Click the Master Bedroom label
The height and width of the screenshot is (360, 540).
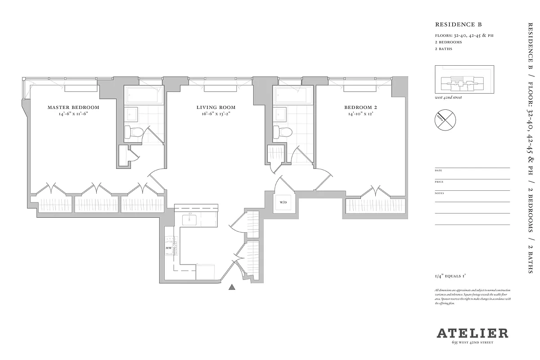[73, 108]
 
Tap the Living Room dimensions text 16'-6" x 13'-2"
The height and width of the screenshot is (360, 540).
[216, 114]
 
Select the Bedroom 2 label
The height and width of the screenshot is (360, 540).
[360, 108]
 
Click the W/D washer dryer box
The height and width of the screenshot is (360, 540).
[283, 202]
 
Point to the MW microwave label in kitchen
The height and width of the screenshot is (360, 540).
[168, 248]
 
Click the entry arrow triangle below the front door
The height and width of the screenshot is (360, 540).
[232, 287]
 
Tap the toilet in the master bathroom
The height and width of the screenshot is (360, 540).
[134, 132]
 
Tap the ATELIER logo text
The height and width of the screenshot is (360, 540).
[472, 333]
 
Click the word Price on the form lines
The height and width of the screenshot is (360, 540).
[439, 182]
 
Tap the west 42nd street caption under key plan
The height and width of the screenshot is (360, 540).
[448, 98]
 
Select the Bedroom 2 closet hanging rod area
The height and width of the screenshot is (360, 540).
[375, 206]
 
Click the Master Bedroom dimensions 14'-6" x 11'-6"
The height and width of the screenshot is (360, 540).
[73, 114]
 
